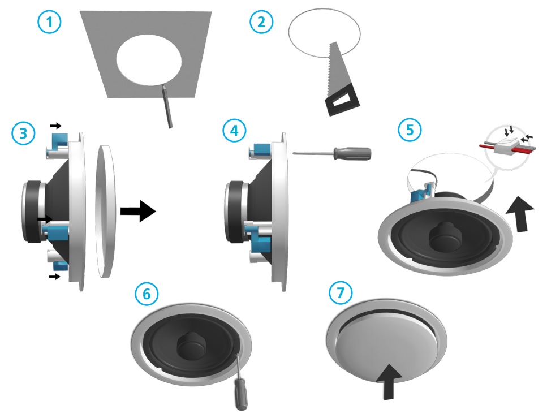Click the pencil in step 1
166,105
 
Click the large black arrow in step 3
137,213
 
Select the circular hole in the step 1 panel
149,63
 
